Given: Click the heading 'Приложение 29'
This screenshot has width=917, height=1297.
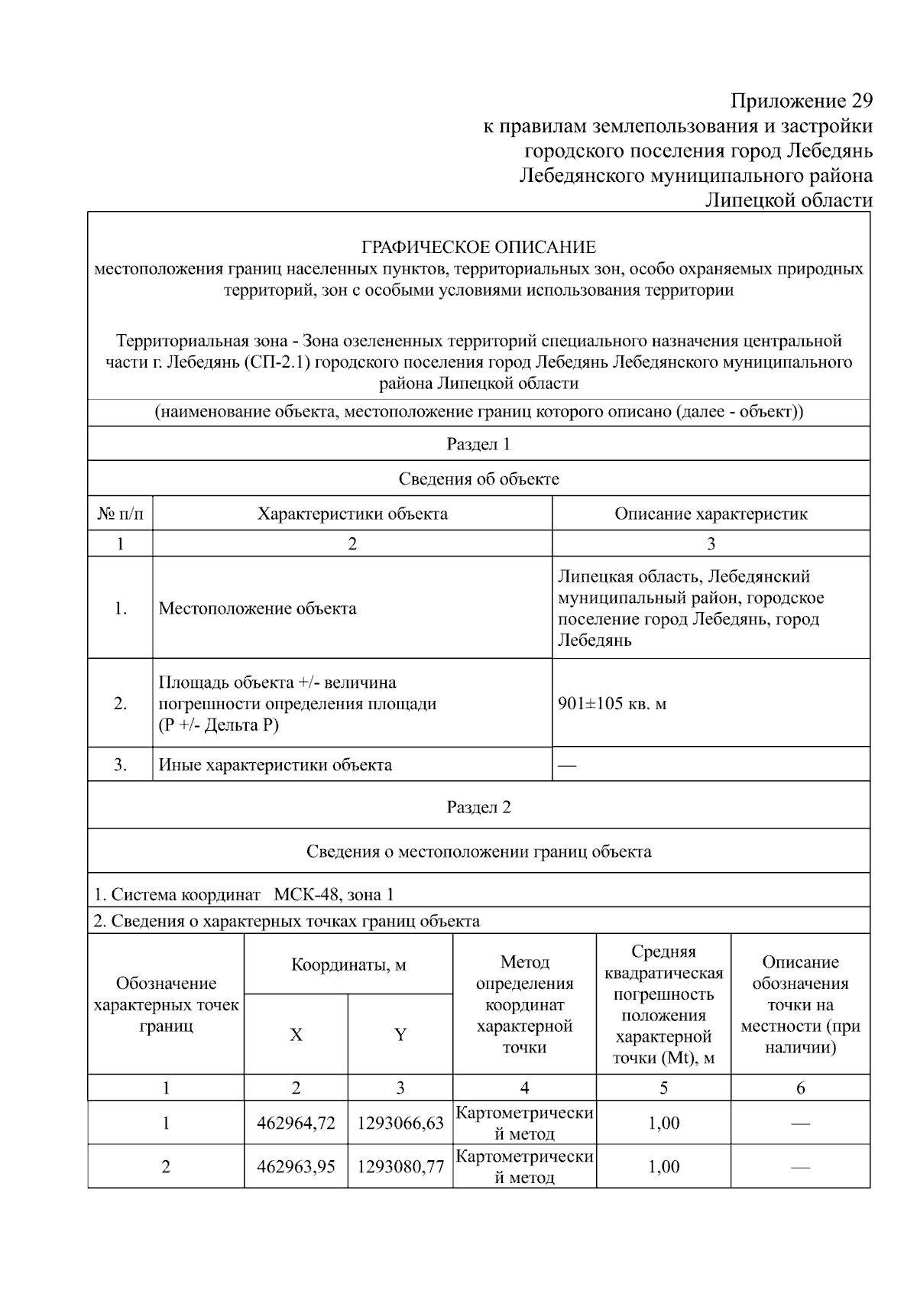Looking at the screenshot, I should coord(801,101).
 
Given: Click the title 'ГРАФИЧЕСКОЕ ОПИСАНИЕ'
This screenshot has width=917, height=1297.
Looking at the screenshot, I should coord(478,248).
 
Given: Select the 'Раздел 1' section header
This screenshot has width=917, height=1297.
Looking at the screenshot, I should coord(478,444).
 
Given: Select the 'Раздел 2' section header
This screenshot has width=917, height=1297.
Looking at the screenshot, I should coord(478,807).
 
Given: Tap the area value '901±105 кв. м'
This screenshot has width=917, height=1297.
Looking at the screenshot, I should coord(612,703).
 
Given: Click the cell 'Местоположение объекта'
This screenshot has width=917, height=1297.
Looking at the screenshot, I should coord(258,608).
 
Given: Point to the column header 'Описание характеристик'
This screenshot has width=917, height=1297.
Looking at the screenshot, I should coord(711,514).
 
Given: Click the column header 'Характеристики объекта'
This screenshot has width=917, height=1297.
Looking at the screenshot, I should coord(352,514).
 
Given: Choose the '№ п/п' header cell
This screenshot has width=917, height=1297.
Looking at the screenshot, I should coord(120,514).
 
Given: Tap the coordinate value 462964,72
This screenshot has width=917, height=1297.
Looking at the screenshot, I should coord(296,1123).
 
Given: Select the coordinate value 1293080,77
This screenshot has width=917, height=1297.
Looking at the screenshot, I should coord(400,1166).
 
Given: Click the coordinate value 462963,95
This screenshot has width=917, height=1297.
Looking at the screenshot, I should coord(296,1166).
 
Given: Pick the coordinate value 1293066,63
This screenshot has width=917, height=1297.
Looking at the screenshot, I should coord(400,1123).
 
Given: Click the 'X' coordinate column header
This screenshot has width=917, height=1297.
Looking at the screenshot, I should coord(296,1035).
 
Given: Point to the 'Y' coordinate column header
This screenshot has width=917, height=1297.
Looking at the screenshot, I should coord(400,1035).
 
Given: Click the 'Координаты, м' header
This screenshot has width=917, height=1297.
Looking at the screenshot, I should coord(348,965).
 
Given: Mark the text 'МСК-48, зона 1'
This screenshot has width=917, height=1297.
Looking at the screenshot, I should coord(334,894).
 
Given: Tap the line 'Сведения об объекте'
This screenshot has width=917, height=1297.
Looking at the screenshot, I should coord(478,479).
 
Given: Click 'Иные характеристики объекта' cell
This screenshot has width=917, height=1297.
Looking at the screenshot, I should coord(275,764).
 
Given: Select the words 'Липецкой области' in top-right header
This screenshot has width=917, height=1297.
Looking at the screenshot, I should coord(788,200).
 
